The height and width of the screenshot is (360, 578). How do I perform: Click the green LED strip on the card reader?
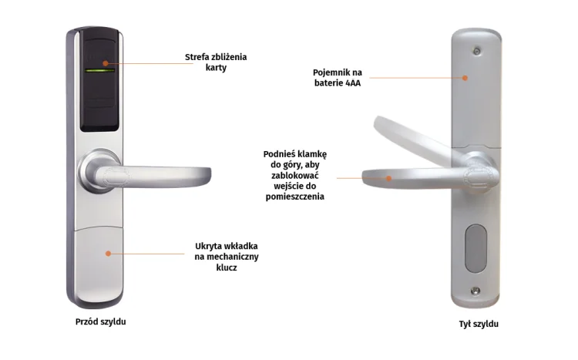tap(100, 70)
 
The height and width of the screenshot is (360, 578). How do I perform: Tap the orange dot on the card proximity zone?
tap(106, 63)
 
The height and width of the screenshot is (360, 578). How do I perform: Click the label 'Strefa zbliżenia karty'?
tap(216, 62)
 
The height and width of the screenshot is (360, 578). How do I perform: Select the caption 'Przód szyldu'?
tap(101, 321)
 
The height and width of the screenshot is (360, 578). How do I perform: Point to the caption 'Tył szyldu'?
tap(479, 324)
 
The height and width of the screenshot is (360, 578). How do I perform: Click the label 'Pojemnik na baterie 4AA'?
tap(338, 78)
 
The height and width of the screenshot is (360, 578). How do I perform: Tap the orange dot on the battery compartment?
tap(465, 78)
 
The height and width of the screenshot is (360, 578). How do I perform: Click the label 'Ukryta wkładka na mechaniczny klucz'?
tap(227, 257)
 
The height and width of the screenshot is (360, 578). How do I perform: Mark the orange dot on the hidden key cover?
tap(108, 254)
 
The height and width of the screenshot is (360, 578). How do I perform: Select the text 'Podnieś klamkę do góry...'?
tap(295, 175)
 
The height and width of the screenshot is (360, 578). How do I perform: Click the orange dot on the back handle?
tap(388, 179)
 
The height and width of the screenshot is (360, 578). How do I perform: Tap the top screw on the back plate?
tap(477, 52)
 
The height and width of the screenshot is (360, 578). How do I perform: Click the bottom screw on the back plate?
tap(476, 291)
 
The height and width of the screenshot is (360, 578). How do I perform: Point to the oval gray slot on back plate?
tap(476, 248)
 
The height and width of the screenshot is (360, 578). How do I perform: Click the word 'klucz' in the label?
tap(227, 267)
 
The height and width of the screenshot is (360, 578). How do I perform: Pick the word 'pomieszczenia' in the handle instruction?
tap(295, 197)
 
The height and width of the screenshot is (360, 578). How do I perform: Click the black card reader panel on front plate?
tap(100, 80)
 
